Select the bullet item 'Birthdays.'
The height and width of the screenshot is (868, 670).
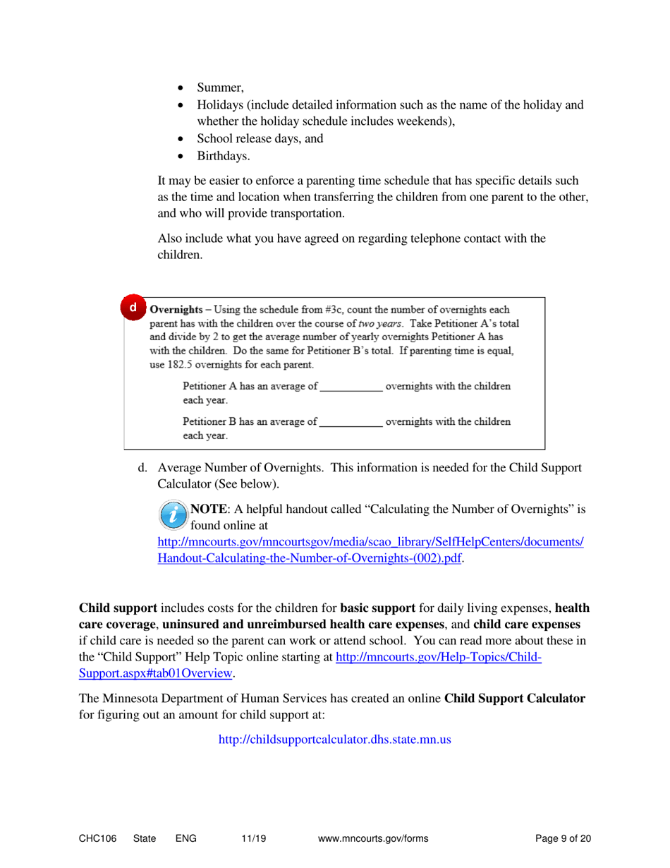(x=224, y=156)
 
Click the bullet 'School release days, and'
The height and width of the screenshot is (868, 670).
(x=260, y=139)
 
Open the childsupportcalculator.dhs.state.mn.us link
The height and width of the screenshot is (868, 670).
(x=335, y=740)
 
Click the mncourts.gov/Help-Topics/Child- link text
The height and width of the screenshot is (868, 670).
(x=438, y=657)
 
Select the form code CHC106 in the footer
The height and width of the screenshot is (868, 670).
(x=97, y=838)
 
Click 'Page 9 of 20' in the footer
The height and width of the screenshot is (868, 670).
(x=563, y=838)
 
